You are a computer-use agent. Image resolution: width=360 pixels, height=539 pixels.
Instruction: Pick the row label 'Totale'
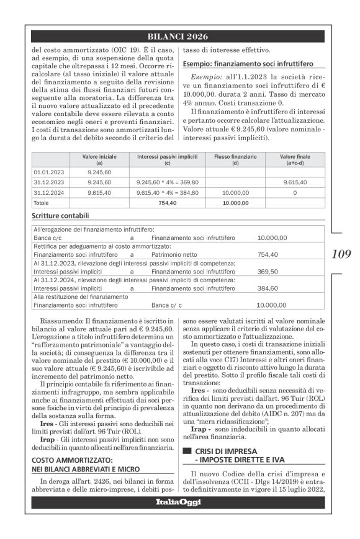[41, 202]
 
